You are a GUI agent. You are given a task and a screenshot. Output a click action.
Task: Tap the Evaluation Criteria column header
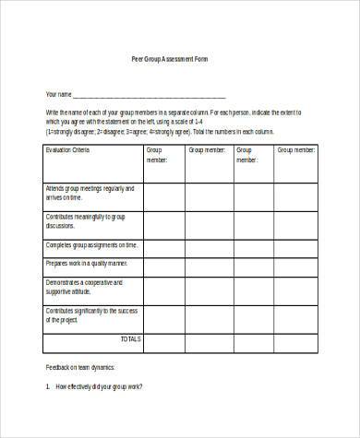pyautogui.click(x=70, y=148)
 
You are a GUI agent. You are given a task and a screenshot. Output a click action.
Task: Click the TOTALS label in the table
pyautogui.click(x=130, y=339)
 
